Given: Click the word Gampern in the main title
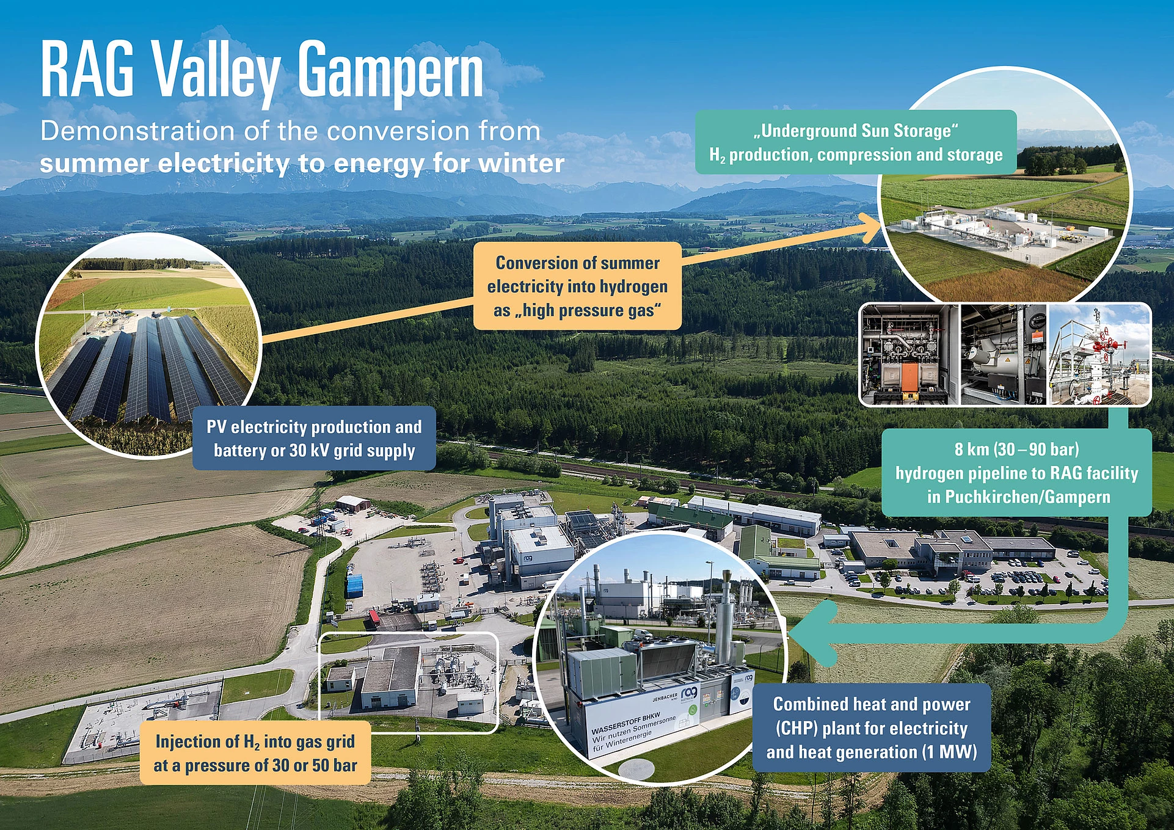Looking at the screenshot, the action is pos(391,73).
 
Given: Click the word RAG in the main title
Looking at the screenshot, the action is pos(87,68).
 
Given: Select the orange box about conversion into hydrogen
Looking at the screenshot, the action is pos(577,286).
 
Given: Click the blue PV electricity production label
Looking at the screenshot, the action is pos(314,439).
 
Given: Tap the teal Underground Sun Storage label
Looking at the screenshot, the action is pos(856,142).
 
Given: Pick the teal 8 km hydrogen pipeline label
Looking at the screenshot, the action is pos(1016,473).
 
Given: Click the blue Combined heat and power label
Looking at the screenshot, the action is pos(872,727).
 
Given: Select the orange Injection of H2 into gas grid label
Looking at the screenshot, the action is pos(255,752).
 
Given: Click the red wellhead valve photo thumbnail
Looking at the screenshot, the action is pos(1099,355).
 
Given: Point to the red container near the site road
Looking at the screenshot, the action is pos(373,619).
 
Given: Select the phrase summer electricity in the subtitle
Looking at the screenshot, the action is pos(164,164).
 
